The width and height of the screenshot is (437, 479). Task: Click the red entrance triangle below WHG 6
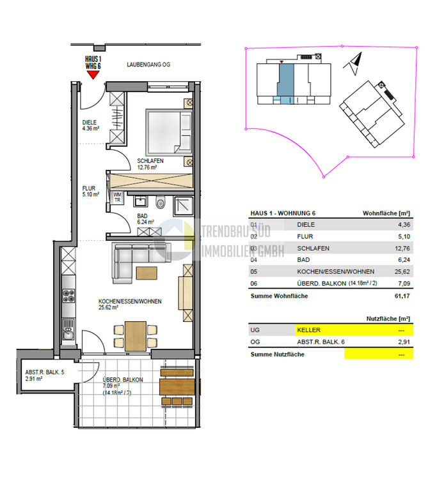(x=93, y=74)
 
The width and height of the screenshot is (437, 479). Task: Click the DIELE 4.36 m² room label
(x=91, y=125)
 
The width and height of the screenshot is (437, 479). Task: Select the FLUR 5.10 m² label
(x=90, y=192)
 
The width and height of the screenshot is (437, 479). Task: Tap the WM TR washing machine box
(x=117, y=197)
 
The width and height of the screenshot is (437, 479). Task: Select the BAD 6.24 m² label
(x=145, y=220)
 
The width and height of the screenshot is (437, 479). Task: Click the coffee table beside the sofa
(x=146, y=273)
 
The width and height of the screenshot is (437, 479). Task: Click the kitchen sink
(x=68, y=334)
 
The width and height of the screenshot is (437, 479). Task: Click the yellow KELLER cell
(x=353, y=330)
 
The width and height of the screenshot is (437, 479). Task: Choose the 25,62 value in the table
(x=401, y=271)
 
